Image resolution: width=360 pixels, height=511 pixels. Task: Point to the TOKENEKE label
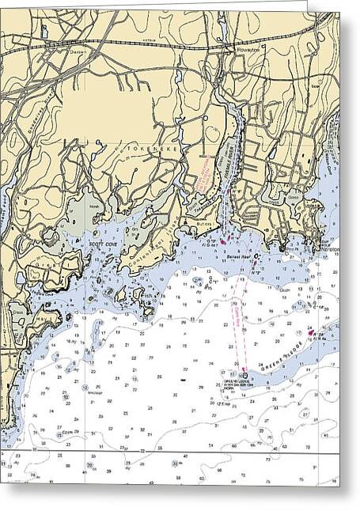137,147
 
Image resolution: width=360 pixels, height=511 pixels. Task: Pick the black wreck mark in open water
183,380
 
